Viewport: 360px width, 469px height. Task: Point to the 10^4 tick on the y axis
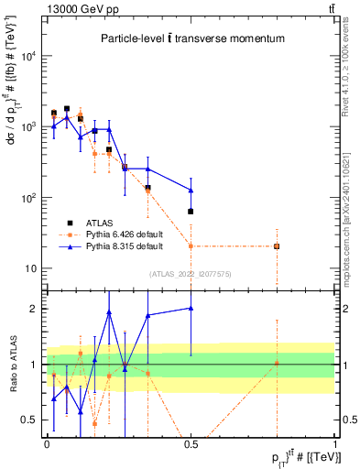33,56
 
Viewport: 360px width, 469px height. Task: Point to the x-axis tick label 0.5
191,444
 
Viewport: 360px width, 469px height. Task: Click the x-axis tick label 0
47,444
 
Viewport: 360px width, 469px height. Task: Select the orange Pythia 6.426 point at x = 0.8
277,246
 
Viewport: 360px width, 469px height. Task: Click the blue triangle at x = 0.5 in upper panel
191,190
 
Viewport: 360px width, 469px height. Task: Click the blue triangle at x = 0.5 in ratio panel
191,309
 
